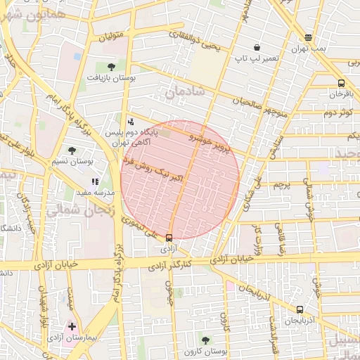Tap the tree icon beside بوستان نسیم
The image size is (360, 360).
[72, 150]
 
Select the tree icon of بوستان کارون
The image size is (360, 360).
[205, 340]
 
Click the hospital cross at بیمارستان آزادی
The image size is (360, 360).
[72, 327]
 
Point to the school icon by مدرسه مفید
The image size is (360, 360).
[95, 182]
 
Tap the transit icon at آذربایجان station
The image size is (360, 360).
[300, 309]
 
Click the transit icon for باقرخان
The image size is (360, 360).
[341, 82]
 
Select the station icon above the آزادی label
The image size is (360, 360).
[169, 238]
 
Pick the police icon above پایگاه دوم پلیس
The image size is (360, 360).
[131, 122]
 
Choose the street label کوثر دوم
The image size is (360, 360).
[337, 112]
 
